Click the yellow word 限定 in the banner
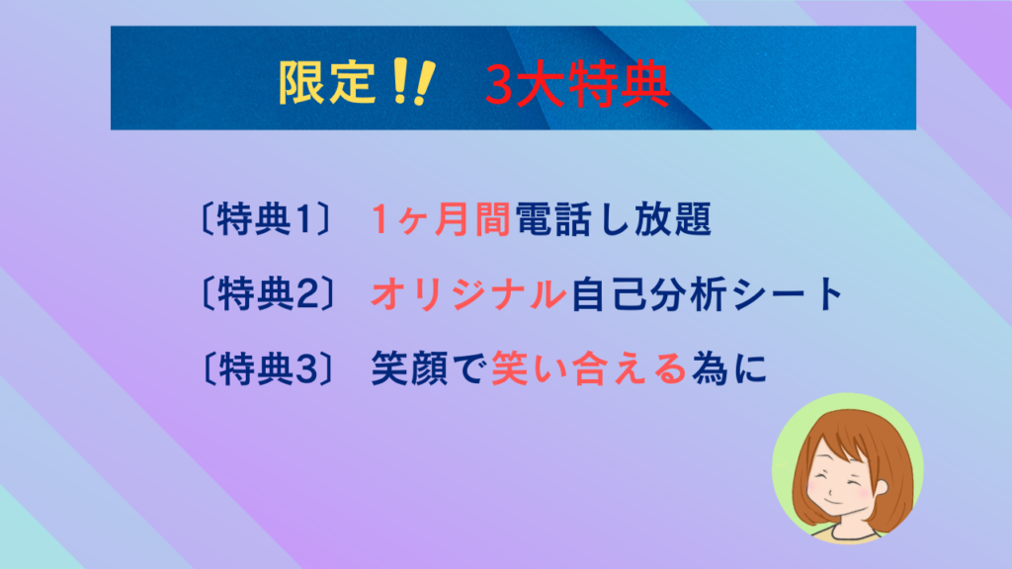tap(326, 83)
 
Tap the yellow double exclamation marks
tap(413, 81)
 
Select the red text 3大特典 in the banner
tap(577, 84)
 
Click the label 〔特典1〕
tap(266, 219)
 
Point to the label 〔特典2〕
tap(267, 294)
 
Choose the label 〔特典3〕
tap(267, 369)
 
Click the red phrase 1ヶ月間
tap(441, 219)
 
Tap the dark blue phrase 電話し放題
tap(614, 219)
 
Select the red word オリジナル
tap(468, 294)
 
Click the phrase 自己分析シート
tap(708, 294)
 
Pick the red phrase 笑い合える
tap(589, 369)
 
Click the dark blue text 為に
tap(729, 369)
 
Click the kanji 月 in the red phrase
tap(451, 219)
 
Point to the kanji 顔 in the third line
tap(429, 369)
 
